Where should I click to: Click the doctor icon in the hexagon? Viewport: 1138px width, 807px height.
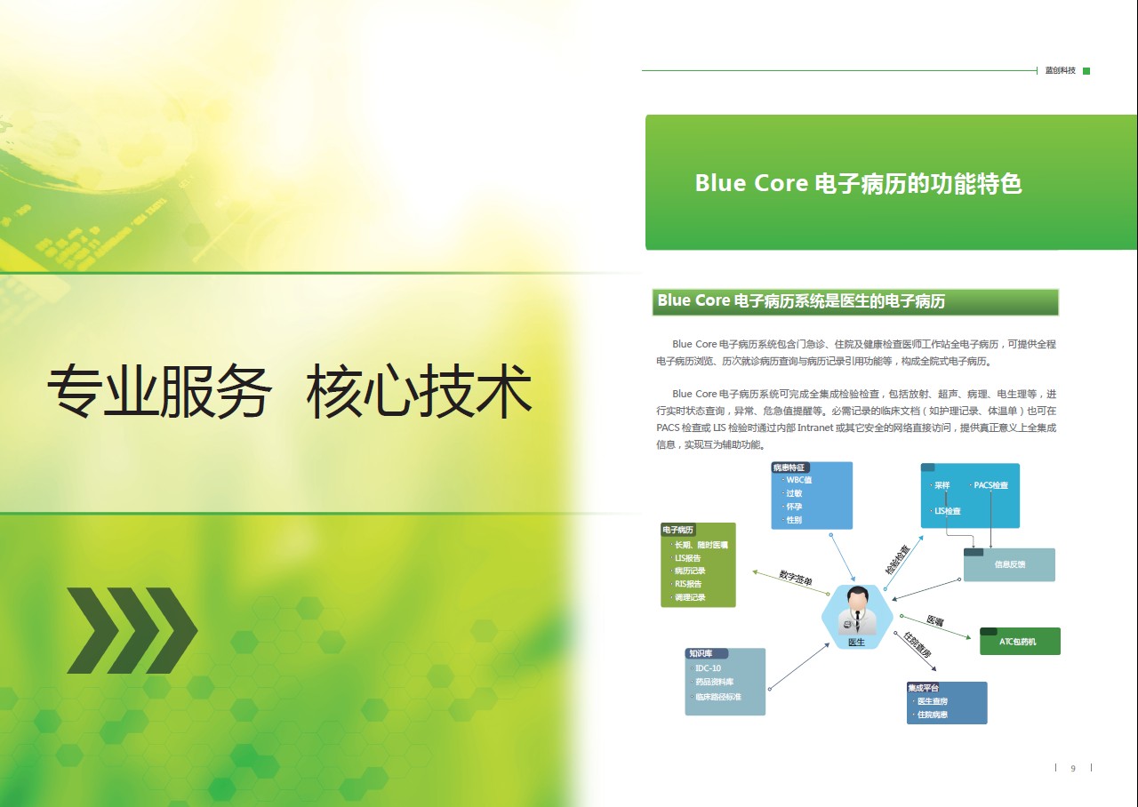858,611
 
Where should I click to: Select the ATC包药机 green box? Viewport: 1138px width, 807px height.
1020,642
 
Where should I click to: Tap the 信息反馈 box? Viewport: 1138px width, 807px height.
1009,564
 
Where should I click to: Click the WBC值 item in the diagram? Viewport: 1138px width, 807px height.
798,480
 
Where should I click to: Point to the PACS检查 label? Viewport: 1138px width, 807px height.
990,485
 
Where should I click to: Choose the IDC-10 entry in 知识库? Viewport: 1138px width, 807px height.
708,668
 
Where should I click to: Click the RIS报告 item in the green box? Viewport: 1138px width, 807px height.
688,584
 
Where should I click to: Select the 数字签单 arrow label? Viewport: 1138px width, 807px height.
796,578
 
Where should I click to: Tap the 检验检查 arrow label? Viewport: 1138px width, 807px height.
897,559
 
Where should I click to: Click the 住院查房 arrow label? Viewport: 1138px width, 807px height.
917,645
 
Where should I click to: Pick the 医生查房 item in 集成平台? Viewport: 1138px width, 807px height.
933,701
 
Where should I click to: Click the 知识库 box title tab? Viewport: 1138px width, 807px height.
706,653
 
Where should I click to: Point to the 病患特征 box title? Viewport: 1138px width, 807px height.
789,467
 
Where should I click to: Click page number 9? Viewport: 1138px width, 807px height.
1073,769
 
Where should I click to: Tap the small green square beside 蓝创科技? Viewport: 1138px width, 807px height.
1086,71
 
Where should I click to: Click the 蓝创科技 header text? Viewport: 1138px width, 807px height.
1061,70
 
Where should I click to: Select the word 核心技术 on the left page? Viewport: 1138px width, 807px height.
419,391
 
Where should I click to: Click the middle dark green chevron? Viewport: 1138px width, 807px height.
133,630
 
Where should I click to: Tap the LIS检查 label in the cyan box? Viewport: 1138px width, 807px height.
948,511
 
